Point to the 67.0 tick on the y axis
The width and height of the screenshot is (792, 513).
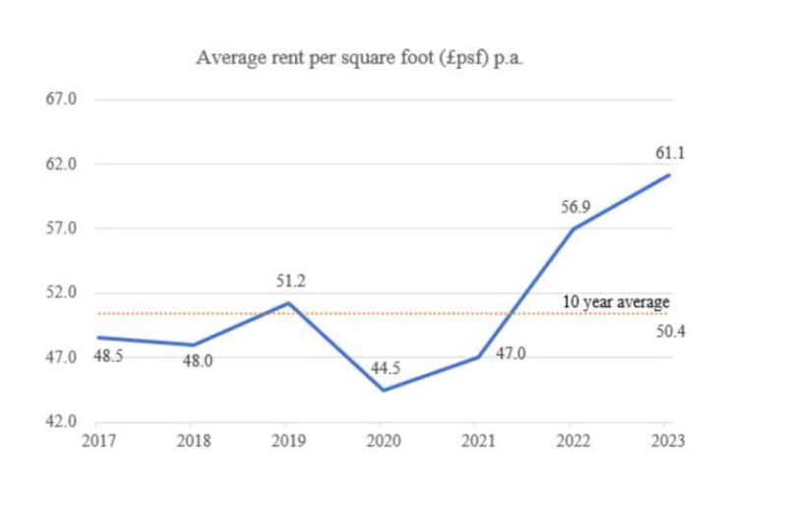pos(61,99)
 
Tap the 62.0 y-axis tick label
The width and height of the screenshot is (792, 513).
pos(61,163)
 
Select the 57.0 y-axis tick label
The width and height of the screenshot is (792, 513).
pos(61,228)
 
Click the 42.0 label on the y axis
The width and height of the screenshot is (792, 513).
pos(61,421)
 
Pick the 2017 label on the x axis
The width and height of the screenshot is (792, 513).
pos(97,441)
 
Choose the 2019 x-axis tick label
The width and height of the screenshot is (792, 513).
pos(288,441)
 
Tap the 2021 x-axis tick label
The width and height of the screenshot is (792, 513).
pos(479,441)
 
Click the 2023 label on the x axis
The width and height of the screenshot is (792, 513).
pos(669,441)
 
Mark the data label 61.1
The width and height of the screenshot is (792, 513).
pos(670,153)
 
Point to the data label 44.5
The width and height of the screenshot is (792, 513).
pos(385,369)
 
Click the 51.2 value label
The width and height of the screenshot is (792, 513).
pos(290,282)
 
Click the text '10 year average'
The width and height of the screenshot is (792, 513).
pos(616,301)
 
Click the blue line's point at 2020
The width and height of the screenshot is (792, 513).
pos(384,390)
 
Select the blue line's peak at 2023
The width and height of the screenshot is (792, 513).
pos(670,175)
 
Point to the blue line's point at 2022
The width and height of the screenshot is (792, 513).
pos(575,229)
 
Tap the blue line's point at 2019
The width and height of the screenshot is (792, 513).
pos(288,303)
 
